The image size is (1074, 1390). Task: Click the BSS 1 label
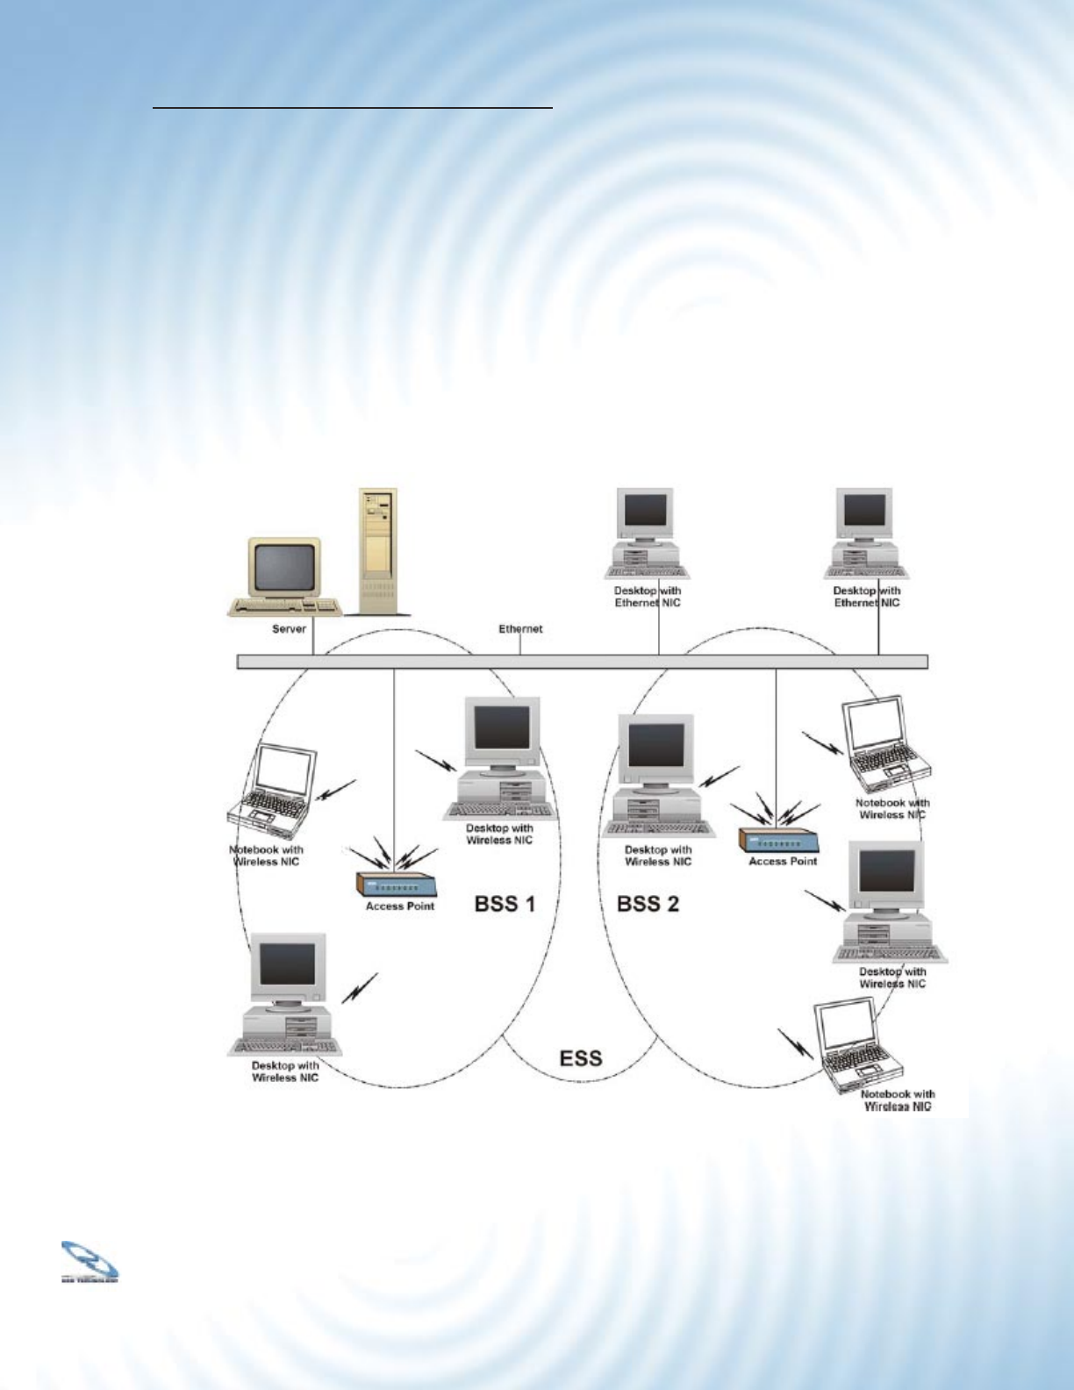505,904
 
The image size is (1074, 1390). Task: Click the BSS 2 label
648,904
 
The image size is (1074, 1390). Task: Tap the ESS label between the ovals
581,1057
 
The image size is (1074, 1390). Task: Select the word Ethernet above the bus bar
520,629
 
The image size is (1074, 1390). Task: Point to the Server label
288,629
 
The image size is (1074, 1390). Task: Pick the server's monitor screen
284,567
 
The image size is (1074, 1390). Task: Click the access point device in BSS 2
778,839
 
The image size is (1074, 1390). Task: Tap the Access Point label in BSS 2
783,862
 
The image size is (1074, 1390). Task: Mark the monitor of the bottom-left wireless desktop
288,966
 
